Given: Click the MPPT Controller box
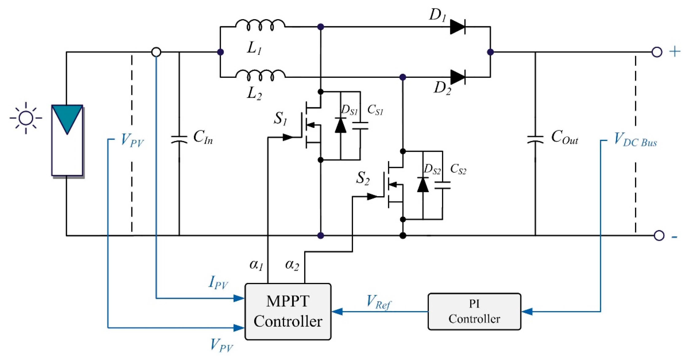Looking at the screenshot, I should coord(288,311).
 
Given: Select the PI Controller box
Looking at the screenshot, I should coord(474,311).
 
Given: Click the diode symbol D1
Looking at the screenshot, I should coord(458,27).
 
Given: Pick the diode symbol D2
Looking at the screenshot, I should coord(458,77).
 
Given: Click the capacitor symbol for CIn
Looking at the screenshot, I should coord(179,140).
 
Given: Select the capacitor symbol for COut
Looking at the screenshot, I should coord(535,140).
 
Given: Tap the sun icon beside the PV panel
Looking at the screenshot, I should coord(26,118).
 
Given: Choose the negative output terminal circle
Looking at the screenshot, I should coord(659,235).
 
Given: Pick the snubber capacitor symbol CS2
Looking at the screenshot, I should coord(442,185).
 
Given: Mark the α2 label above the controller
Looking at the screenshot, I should coord(292,265).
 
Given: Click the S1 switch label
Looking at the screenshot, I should coord(280,119).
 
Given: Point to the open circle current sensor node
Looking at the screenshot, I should coord(156,52).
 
